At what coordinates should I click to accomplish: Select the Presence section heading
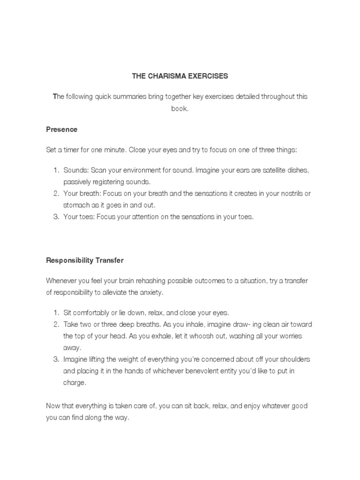point(61,129)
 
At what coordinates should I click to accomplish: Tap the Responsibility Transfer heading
point(84,260)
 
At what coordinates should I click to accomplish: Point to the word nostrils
point(289,193)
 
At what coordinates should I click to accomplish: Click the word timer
point(72,150)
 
